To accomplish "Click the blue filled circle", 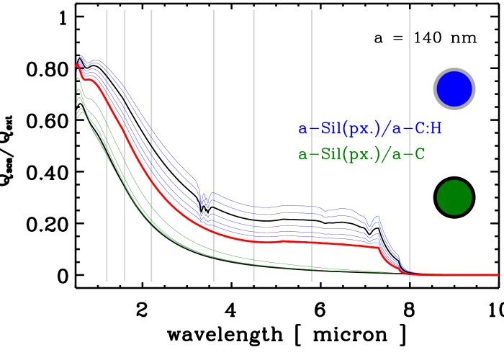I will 454,89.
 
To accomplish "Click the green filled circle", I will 454,197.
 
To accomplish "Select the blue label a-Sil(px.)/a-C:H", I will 370,130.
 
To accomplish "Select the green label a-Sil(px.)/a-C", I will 361,154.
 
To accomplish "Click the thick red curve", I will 288,241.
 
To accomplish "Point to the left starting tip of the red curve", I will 76,66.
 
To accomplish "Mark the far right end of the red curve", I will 498,274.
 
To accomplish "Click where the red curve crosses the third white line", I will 151,180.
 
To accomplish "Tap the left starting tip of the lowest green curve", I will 77,117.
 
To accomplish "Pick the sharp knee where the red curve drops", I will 379,248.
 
